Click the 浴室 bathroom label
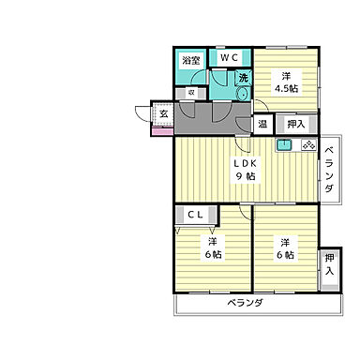(190, 60)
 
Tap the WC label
(229, 56)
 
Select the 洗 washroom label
(243, 78)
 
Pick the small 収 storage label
(190, 92)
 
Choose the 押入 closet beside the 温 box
(295, 122)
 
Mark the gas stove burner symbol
(308, 145)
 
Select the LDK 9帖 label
(247, 170)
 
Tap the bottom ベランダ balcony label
(244, 305)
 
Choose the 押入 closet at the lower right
(329, 263)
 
